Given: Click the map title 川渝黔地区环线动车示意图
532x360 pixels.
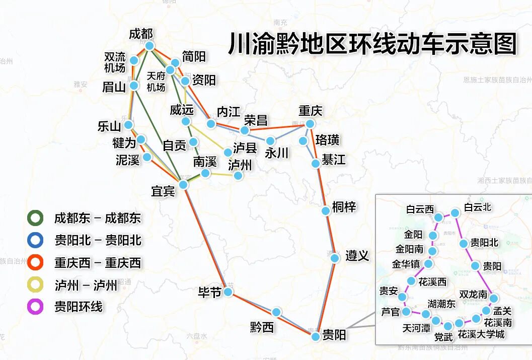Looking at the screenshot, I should coord(372,44).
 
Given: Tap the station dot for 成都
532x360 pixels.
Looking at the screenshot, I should coord(149,46).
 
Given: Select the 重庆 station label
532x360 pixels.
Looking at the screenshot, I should coord(310,110).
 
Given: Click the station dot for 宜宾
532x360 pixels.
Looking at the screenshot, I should coord(183,185).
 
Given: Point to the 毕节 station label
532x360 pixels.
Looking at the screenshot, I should coord(209,293).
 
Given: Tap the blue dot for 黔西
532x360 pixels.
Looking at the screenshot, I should coord(276,312).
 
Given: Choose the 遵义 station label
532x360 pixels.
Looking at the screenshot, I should coord(357,256).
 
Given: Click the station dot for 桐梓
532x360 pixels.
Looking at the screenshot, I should coord(326,211).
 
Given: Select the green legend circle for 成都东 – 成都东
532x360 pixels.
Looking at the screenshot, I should coord(35,218).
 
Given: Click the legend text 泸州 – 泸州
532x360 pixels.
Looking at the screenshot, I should coord(86,285).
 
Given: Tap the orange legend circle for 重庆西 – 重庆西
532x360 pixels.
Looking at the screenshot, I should coord(35,262).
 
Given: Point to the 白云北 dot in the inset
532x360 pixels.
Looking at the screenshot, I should coord(455,213).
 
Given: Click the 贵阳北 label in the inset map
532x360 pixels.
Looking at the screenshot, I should coord(484,243).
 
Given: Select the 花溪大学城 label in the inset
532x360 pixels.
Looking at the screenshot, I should coord(481,334).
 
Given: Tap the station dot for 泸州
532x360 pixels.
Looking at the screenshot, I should coord(238,176).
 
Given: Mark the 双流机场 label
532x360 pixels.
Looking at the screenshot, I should coord(115,62).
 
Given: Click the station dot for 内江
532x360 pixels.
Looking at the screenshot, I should coord(211,124).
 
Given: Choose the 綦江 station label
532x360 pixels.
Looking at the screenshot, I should coord(334,160).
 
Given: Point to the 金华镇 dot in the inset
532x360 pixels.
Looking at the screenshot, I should coord(429,264).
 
